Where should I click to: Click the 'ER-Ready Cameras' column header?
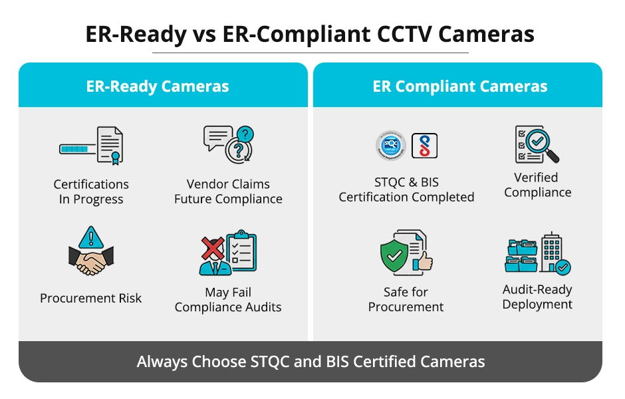[x=158, y=86]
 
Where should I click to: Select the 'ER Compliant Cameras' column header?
[x=460, y=86]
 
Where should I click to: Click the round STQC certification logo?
[x=390, y=146]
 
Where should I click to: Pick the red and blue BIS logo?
[x=424, y=146]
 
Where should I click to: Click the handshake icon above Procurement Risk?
[x=91, y=260]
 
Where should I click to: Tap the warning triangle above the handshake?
[x=91, y=237]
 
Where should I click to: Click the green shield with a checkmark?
[x=394, y=255]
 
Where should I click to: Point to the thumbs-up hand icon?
[x=424, y=260]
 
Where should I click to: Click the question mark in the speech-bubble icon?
[x=245, y=136]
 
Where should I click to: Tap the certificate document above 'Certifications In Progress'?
[x=110, y=145]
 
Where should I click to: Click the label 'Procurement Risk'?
[x=91, y=299]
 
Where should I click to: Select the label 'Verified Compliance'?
[x=537, y=185]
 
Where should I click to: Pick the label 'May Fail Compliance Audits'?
[x=228, y=300]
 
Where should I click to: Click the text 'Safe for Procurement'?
[x=406, y=299]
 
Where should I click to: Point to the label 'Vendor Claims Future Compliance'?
[x=228, y=192]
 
